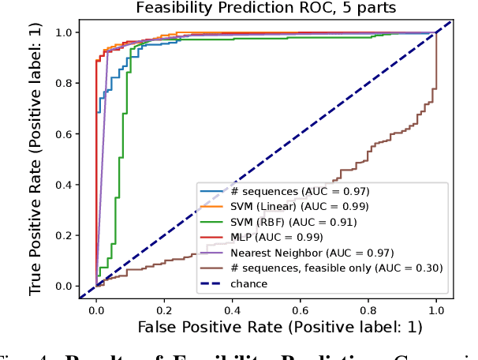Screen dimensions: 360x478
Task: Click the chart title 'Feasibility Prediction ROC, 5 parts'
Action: [265, 9]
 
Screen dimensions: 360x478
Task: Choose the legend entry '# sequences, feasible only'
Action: [316, 268]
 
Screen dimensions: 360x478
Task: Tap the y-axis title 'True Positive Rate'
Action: [36, 159]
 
